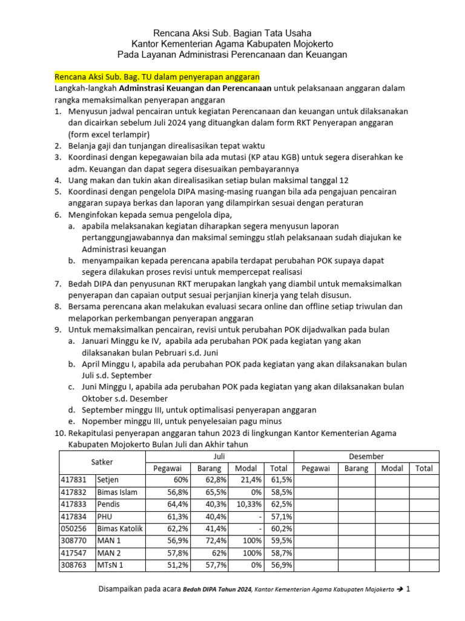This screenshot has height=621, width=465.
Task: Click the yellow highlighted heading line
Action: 157,78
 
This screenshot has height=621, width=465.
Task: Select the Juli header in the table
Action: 219,455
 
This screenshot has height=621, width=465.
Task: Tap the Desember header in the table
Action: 366,455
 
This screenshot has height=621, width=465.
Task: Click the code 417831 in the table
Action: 73,480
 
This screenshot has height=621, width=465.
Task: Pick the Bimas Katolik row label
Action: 120,528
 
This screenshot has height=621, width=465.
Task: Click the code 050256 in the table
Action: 73,528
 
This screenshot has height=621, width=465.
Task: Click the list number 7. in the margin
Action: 58,284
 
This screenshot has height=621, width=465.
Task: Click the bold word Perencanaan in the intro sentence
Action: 245,89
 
